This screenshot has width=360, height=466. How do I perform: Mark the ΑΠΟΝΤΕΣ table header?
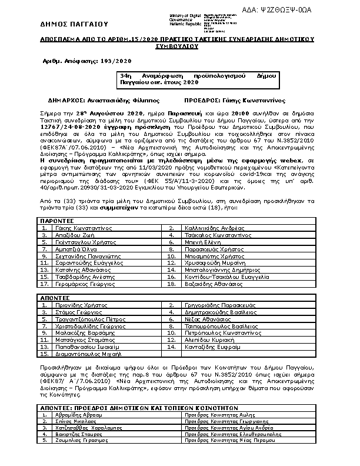pos(55,298)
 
